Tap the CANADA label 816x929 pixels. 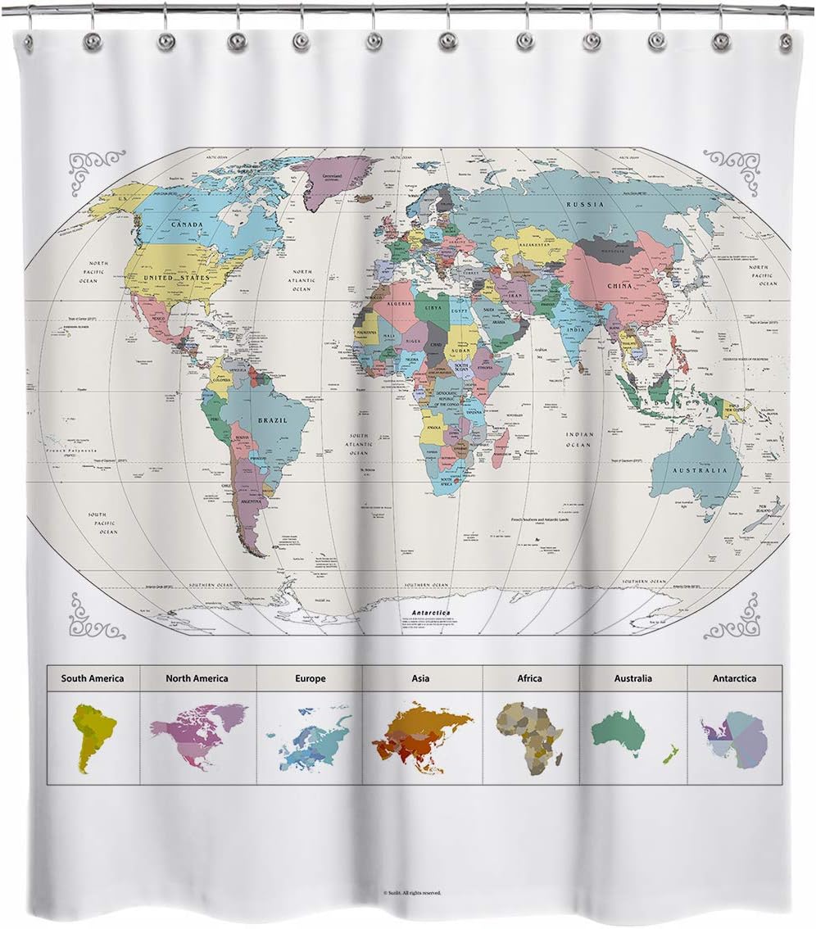pyautogui.click(x=188, y=224)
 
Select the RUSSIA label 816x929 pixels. pyautogui.click(x=585, y=204)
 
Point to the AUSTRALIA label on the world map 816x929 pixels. pyautogui.click(x=699, y=471)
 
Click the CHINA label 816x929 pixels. pyautogui.click(x=619, y=286)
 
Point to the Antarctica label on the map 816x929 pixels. pyautogui.click(x=433, y=613)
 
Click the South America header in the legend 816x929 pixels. pyautogui.click(x=93, y=678)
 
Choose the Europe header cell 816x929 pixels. pyautogui.click(x=310, y=678)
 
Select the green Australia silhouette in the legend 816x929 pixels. pyautogui.click(x=619, y=729)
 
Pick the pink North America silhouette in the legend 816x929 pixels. pyautogui.click(x=197, y=725)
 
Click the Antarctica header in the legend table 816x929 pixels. pyautogui.click(x=734, y=678)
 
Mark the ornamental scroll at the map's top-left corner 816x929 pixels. pyautogui.click(x=97, y=170)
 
